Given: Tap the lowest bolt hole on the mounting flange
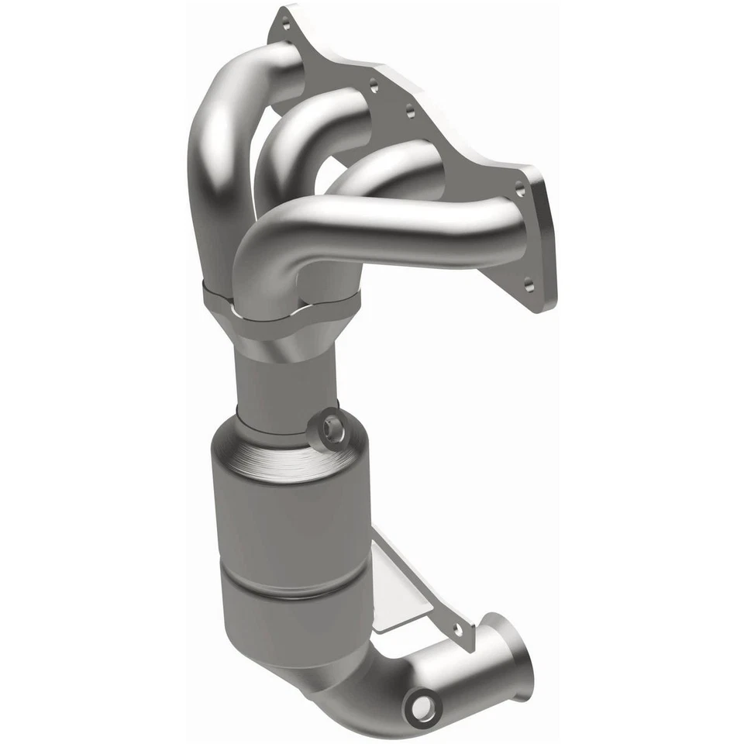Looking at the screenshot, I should [x=529, y=285].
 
